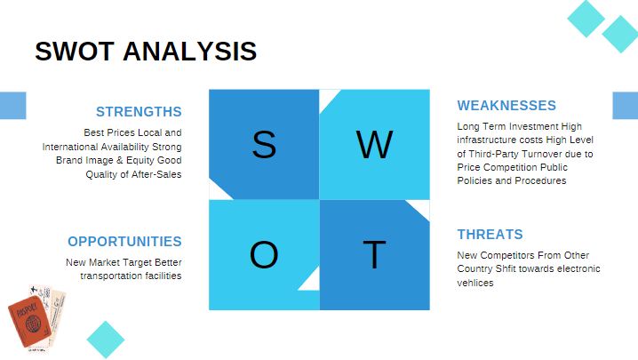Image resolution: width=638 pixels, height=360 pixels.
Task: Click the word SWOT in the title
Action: click(x=75, y=51)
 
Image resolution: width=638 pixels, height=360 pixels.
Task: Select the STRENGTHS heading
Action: click(x=139, y=112)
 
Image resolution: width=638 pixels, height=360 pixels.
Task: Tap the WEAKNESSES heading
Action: click(x=506, y=106)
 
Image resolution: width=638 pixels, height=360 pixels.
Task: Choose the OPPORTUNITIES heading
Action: click(x=124, y=242)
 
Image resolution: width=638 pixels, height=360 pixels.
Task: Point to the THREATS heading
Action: click(x=490, y=235)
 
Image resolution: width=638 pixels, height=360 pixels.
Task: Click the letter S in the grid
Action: click(x=264, y=145)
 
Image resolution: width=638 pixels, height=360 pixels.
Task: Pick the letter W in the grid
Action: click(x=374, y=145)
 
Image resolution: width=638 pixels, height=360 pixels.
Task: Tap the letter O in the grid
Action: click(x=264, y=256)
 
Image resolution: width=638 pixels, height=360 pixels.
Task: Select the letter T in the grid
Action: click(x=375, y=256)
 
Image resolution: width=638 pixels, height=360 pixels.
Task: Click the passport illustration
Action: click(x=32, y=319)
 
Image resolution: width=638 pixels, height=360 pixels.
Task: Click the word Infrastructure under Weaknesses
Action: click(x=491, y=140)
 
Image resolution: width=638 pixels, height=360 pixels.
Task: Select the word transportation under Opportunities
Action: click(x=112, y=276)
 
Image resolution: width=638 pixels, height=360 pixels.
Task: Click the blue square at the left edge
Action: click(x=12, y=105)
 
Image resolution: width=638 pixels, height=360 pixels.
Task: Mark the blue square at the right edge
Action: click(x=626, y=105)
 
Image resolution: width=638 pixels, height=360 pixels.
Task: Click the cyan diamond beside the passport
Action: click(x=106, y=340)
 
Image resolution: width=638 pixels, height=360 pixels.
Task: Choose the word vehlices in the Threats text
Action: click(x=475, y=283)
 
